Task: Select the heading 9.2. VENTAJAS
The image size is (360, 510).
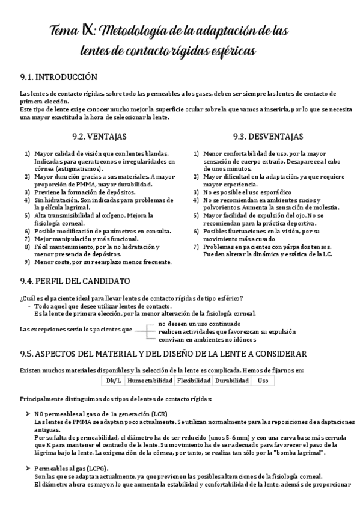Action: tap(97, 137)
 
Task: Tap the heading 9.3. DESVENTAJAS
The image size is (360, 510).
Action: tap(268, 137)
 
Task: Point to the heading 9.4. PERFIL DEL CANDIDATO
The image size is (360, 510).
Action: tap(75, 281)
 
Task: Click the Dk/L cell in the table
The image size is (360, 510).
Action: tap(114, 381)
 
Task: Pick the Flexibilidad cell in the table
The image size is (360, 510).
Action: tap(194, 381)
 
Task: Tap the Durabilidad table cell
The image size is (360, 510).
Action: tap(232, 381)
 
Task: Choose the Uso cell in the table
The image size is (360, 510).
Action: tap(263, 381)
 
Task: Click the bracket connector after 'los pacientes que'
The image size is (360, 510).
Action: tap(145, 330)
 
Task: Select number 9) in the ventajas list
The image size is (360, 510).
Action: tap(27, 262)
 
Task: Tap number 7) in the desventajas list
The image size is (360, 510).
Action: tap(196, 247)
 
